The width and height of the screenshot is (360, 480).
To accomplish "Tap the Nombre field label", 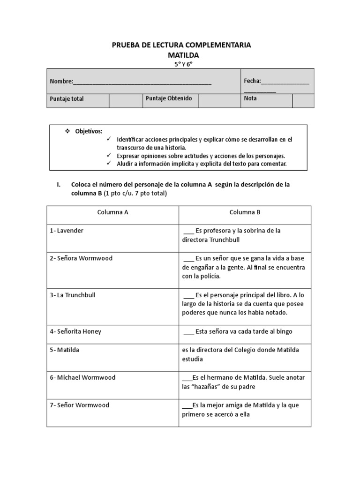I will [61, 82].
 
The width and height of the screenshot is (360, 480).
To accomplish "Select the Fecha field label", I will [252, 81].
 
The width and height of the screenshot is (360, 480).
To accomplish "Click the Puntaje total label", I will [67, 99].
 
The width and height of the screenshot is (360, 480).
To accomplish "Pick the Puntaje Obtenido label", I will [165, 98].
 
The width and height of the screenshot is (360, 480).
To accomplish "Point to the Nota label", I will [250, 98].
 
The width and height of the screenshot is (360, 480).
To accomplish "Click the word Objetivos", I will [89, 131].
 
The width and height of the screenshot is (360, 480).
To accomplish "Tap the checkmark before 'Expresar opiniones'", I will [109, 155].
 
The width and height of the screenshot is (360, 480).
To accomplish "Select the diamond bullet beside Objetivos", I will [67, 131].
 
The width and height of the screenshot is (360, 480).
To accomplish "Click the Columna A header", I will [112, 212].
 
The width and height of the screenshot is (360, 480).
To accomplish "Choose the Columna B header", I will [245, 212].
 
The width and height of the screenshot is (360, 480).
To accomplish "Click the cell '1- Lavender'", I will [67, 231].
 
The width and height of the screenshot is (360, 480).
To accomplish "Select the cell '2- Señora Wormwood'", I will [81, 258].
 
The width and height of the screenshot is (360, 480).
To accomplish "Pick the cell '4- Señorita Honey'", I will [75, 331].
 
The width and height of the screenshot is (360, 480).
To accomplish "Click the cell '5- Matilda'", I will [65, 350].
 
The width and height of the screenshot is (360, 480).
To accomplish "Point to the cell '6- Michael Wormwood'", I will [82, 377].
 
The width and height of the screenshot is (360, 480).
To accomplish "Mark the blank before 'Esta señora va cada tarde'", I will [188, 332].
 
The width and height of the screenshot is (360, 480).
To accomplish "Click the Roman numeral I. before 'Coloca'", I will [58, 185].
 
